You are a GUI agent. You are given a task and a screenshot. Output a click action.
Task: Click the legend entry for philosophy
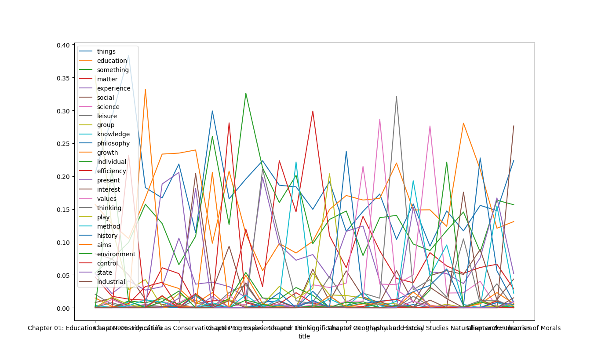coord(113,143)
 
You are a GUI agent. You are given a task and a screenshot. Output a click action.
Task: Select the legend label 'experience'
coord(113,88)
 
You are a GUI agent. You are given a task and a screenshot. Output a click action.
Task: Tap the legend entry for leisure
coord(107,116)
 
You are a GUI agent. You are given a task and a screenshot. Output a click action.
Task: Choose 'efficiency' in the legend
coord(111,171)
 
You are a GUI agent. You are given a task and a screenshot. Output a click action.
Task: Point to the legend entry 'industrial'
coord(111,282)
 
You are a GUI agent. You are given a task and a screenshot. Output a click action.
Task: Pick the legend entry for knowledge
coord(113,134)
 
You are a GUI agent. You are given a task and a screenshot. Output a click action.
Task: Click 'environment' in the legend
coord(116,254)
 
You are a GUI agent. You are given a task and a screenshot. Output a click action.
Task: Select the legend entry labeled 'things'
coord(106,51)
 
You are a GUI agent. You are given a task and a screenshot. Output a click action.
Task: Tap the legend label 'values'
coord(106,199)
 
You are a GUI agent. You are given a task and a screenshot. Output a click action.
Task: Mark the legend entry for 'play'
coord(103,217)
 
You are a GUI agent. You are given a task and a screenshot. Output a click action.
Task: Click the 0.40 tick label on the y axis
coord(63,45)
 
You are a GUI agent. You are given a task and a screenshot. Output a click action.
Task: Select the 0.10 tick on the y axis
coord(63,242)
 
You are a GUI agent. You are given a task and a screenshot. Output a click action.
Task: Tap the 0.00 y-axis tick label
coord(63,308)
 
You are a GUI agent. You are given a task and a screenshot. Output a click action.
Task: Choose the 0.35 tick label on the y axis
coord(63,78)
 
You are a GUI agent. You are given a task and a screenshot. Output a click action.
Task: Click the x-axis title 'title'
coord(304,336)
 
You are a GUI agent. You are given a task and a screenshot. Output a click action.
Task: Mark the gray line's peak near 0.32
coord(397,97)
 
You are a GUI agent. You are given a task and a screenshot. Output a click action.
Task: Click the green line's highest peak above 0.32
coord(246,93)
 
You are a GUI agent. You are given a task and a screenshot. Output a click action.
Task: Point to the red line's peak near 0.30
coord(313,111)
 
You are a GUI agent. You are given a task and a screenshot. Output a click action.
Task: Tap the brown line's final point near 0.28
coord(514,126)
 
